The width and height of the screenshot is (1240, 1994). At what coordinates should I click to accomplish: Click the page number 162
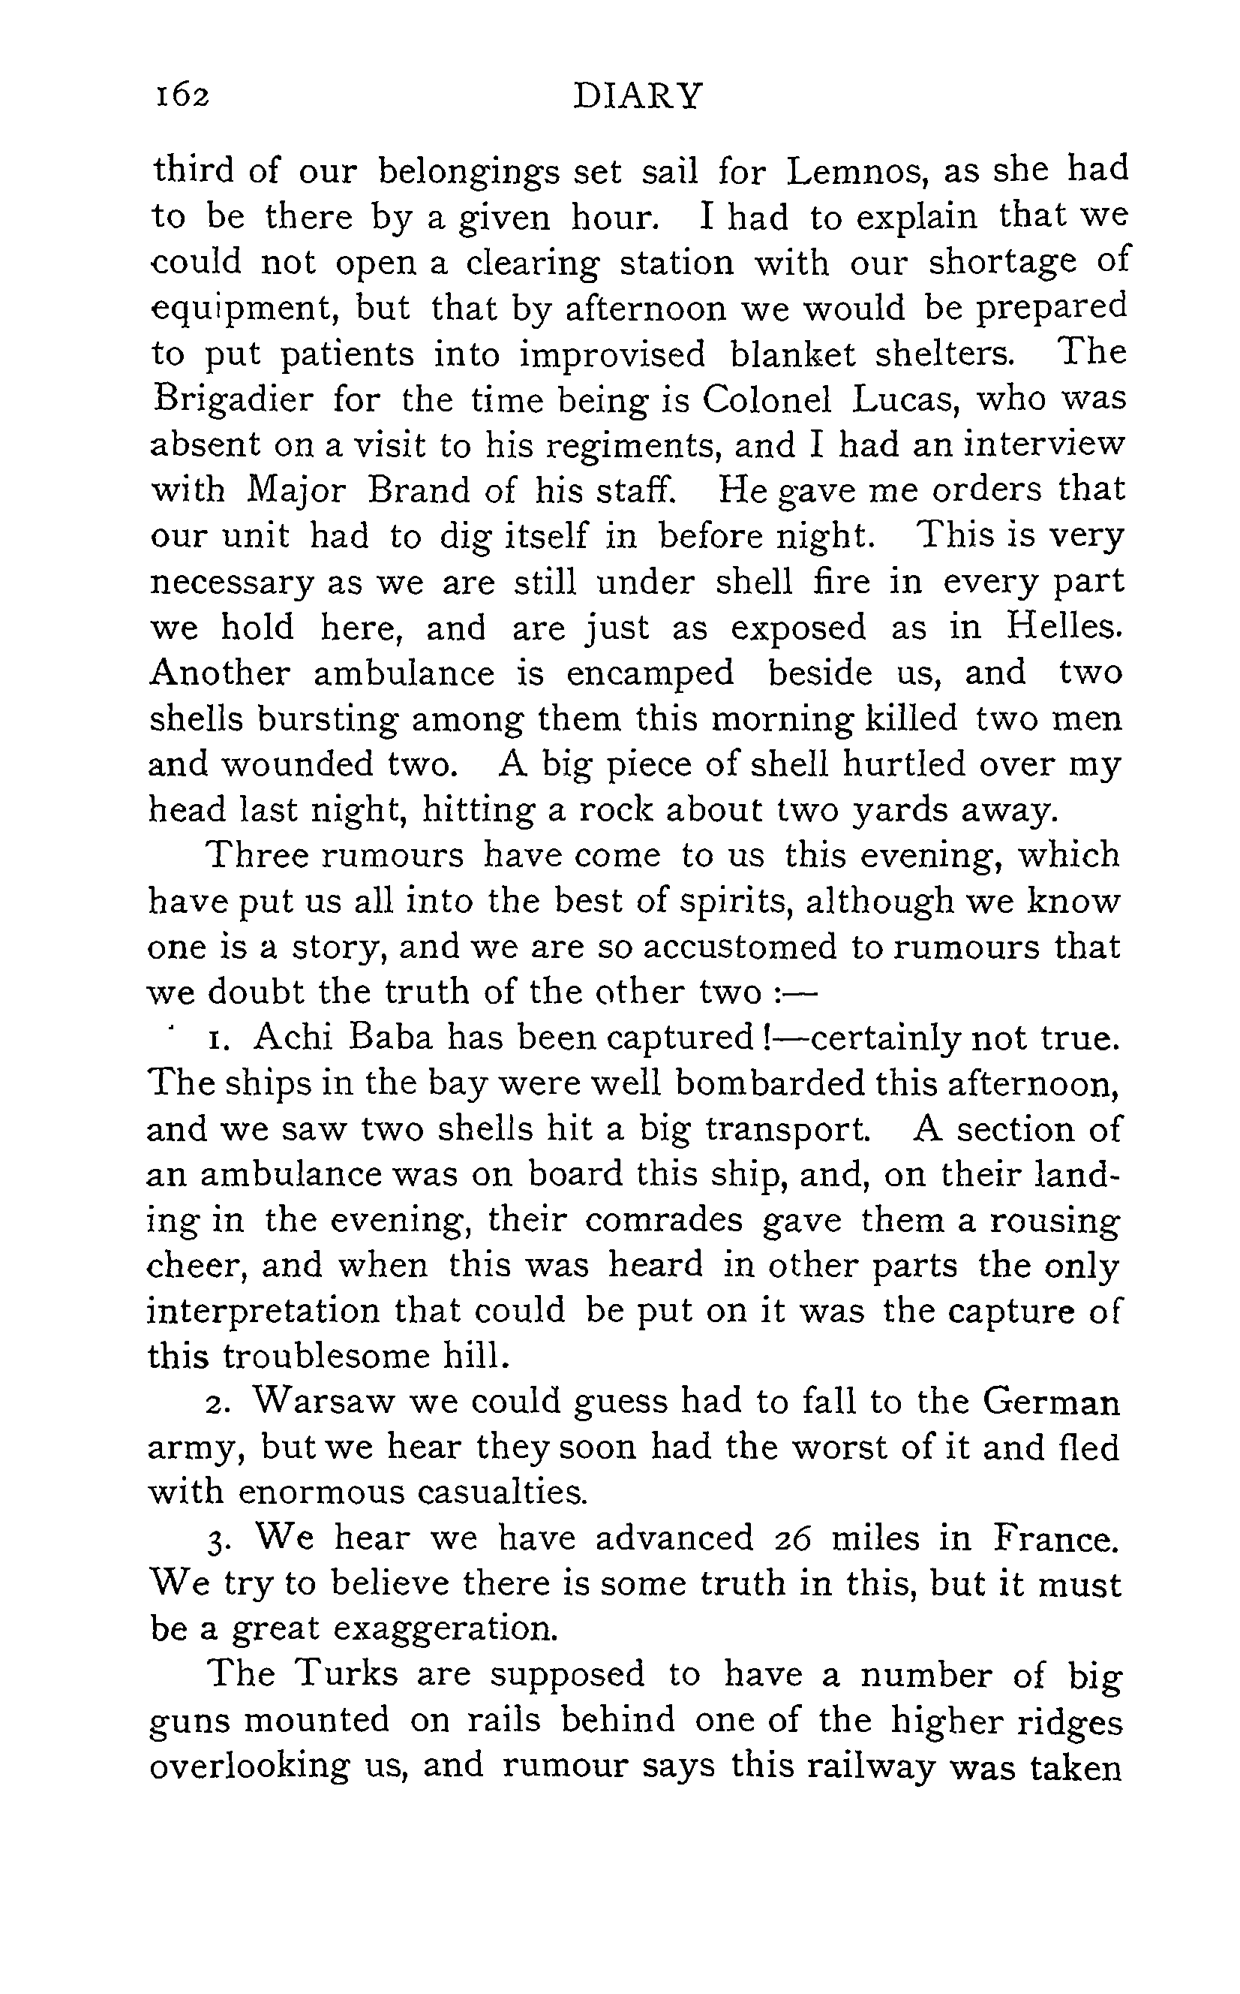point(183,96)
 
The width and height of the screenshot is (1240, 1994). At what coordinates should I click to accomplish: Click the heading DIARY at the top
point(637,96)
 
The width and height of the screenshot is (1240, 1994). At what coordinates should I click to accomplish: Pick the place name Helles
point(1063,628)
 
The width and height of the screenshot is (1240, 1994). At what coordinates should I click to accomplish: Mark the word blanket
point(791,354)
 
